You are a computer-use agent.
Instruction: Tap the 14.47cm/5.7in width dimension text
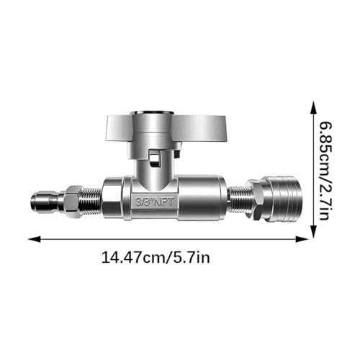point(156,258)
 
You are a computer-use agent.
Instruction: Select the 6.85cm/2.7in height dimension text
point(326,171)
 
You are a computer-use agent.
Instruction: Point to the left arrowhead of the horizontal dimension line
point(34,239)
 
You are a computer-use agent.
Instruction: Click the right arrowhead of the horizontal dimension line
point(302,239)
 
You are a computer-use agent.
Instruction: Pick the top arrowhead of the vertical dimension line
point(313,107)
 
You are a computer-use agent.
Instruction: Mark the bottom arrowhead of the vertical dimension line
point(313,231)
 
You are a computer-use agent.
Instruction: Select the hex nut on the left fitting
point(72,199)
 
